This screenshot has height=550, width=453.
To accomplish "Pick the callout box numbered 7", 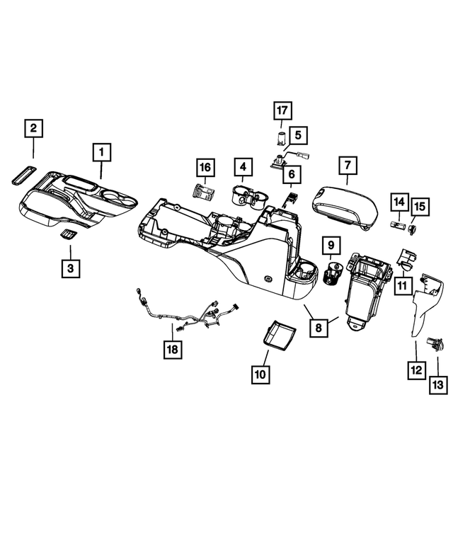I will (348, 165).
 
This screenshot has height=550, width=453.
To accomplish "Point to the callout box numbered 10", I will (260, 374).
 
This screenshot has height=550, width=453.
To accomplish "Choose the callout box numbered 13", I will (438, 384).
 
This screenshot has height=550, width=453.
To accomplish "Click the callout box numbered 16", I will (205, 167).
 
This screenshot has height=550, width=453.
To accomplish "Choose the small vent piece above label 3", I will (69, 236).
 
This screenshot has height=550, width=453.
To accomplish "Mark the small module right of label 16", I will (206, 192).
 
